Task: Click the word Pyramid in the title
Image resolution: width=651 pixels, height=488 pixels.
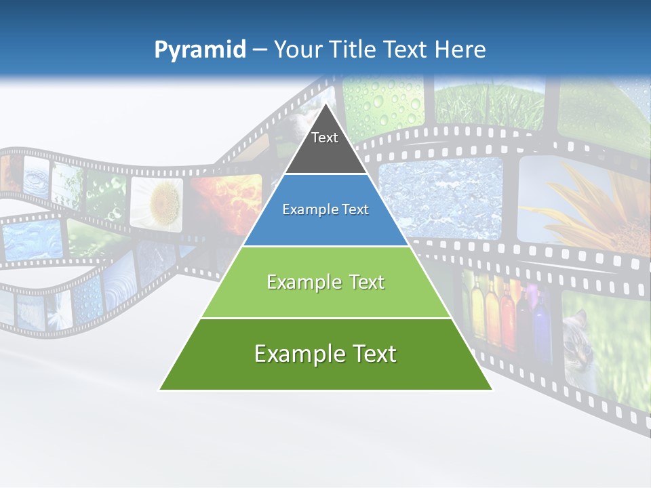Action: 200,50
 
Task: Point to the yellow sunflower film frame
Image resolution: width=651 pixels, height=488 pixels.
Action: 590,203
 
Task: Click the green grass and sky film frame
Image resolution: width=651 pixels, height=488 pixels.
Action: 488,102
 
